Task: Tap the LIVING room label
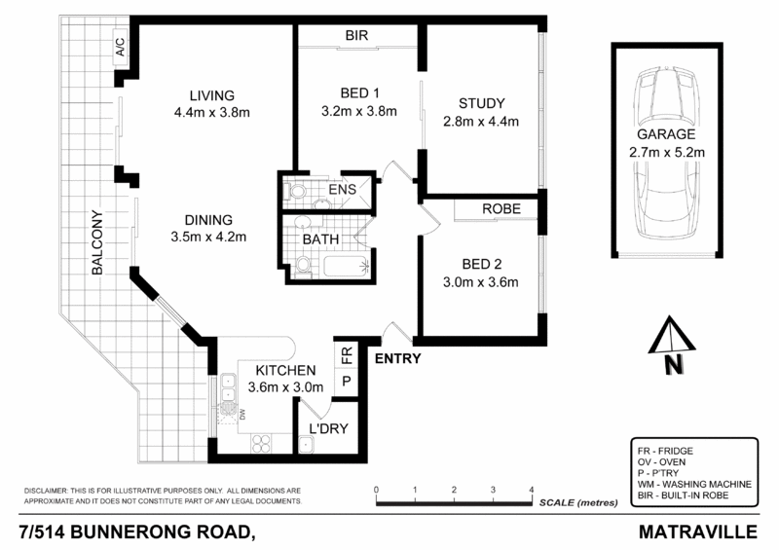[212, 95]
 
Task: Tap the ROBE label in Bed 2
[501, 209]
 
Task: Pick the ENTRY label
[398, 358]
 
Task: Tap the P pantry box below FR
[347, 383]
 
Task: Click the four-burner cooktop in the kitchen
[261, 443]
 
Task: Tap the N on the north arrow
[670, 366]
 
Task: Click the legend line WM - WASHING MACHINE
[679, 486]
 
